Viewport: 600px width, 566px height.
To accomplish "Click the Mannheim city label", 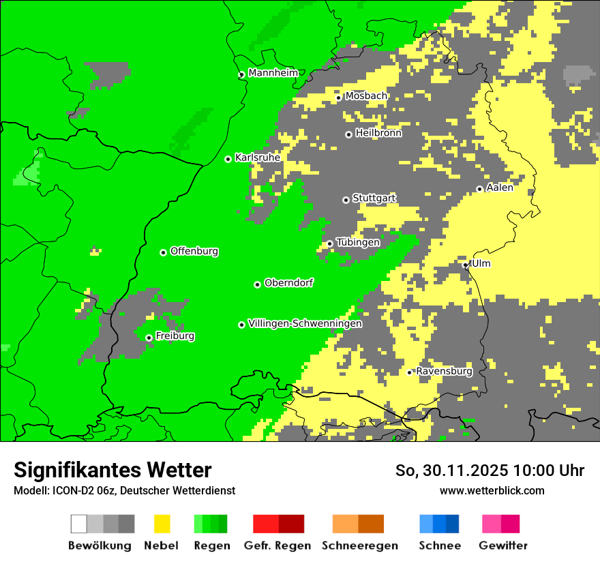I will (x=273, y=73).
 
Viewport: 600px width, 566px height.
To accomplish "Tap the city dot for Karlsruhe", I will (x=228, y=159).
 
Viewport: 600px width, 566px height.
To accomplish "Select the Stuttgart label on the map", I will (x=374, y=198).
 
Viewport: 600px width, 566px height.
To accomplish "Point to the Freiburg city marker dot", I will (x=149, y=338).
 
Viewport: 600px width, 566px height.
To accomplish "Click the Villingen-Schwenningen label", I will (x=305, y=324).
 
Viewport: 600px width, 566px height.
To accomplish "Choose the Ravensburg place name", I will (x=444, y=372).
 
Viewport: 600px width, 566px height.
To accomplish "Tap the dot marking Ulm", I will (x=466, y=265).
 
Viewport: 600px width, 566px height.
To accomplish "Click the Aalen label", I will (x=500, y=188).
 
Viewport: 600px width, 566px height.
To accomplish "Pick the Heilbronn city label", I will (x=378, y=133).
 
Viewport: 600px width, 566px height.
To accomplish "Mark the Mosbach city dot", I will (x=338, y=98).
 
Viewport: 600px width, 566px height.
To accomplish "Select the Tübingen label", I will (x=358, y=242).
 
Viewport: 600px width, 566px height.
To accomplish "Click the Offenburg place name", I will (x=194, y=251).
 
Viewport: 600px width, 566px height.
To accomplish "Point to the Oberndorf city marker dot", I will (x=257, y=284).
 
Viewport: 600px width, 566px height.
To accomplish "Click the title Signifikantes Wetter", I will (x=112, y=470).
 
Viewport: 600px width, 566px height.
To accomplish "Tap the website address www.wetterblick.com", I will (x=492, y=490).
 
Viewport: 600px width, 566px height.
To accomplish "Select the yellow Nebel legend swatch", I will (x=162, y=524).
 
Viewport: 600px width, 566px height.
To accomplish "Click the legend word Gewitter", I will (x=503, y=546).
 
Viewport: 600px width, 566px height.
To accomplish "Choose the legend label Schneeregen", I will (x=359, y=546).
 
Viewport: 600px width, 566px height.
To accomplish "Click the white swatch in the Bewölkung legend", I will (x=79, y=524).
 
